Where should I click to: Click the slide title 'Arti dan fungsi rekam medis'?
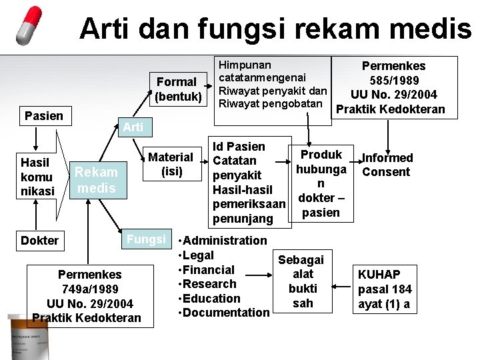tap(275, 29)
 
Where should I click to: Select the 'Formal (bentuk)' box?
tap(176, 89)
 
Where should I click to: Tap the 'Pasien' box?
tap(44, 116)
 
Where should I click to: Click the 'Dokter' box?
tap(39, 241)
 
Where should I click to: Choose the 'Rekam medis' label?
tap(96, 180)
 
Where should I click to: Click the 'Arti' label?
tap(134, 127)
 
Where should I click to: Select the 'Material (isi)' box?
tap(170, 164)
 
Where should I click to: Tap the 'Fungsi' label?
tap(146, 239)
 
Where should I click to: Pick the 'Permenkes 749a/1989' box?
tap(89, 296)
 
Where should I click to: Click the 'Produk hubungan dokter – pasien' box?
tap(321, 183)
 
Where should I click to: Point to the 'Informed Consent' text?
tap(387, 165)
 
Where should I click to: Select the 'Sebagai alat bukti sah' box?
tap(301, 281)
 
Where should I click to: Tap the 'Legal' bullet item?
tap(197, 255)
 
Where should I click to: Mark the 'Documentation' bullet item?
tap(225, 313)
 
